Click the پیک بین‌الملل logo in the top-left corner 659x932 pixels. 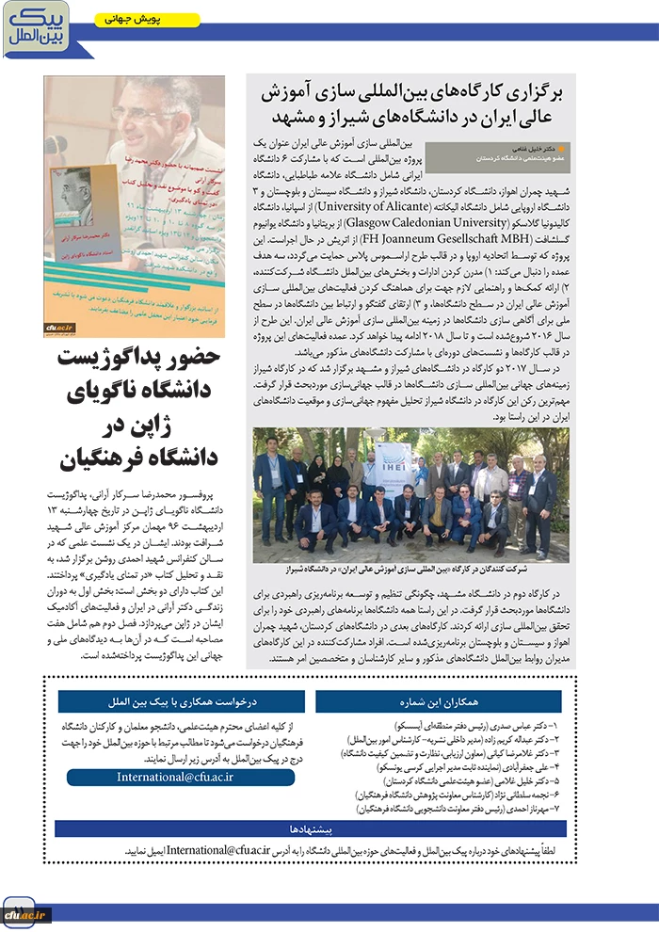[x=36, y=27]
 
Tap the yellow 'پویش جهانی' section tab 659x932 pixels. [x=146, y=19]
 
